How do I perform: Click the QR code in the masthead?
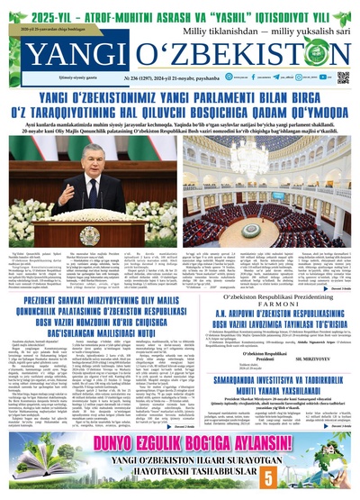click(x=343, y=77)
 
